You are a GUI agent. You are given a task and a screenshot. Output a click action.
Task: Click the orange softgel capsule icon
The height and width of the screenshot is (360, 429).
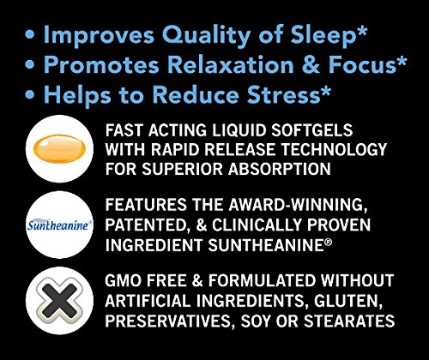click(x=59, y=148)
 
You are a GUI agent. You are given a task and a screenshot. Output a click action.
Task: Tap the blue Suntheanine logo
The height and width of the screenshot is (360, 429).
click(x=59, y=225)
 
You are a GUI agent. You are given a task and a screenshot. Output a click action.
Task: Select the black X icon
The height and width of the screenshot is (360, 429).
click(x=59, y=300)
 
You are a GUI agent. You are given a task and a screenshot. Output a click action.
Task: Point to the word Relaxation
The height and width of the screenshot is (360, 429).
click(x=231, y=64)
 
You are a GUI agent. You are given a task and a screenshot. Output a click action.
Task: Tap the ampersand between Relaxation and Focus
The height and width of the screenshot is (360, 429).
click(x=311, y=64)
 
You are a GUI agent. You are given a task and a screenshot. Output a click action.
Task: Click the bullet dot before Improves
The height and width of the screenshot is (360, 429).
click(x=30, y=35)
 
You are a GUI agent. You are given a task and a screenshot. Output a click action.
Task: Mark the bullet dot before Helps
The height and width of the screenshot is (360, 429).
click(x=30, y=94)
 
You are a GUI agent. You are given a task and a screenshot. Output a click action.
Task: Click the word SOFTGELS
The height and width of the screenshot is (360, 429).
click(x=311, y=130)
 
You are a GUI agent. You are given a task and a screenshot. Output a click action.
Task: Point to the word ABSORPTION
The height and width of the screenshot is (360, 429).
click(x=280, y=169)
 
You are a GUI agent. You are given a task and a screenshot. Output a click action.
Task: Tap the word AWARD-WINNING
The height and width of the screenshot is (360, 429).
click(x=298, y=205)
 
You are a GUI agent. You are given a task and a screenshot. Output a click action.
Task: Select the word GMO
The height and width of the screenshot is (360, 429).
click(x=124, y=280)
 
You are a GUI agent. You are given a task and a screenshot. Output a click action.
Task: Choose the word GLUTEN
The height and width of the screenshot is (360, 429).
click(x=348, y=301)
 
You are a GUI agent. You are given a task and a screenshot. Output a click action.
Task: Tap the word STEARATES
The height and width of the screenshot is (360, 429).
click(x=349, y=321)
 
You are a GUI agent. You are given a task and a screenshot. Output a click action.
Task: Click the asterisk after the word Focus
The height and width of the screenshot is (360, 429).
click(x=402, y=61)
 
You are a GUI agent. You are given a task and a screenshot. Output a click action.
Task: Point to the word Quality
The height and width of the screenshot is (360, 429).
click(x=207, y=37)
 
